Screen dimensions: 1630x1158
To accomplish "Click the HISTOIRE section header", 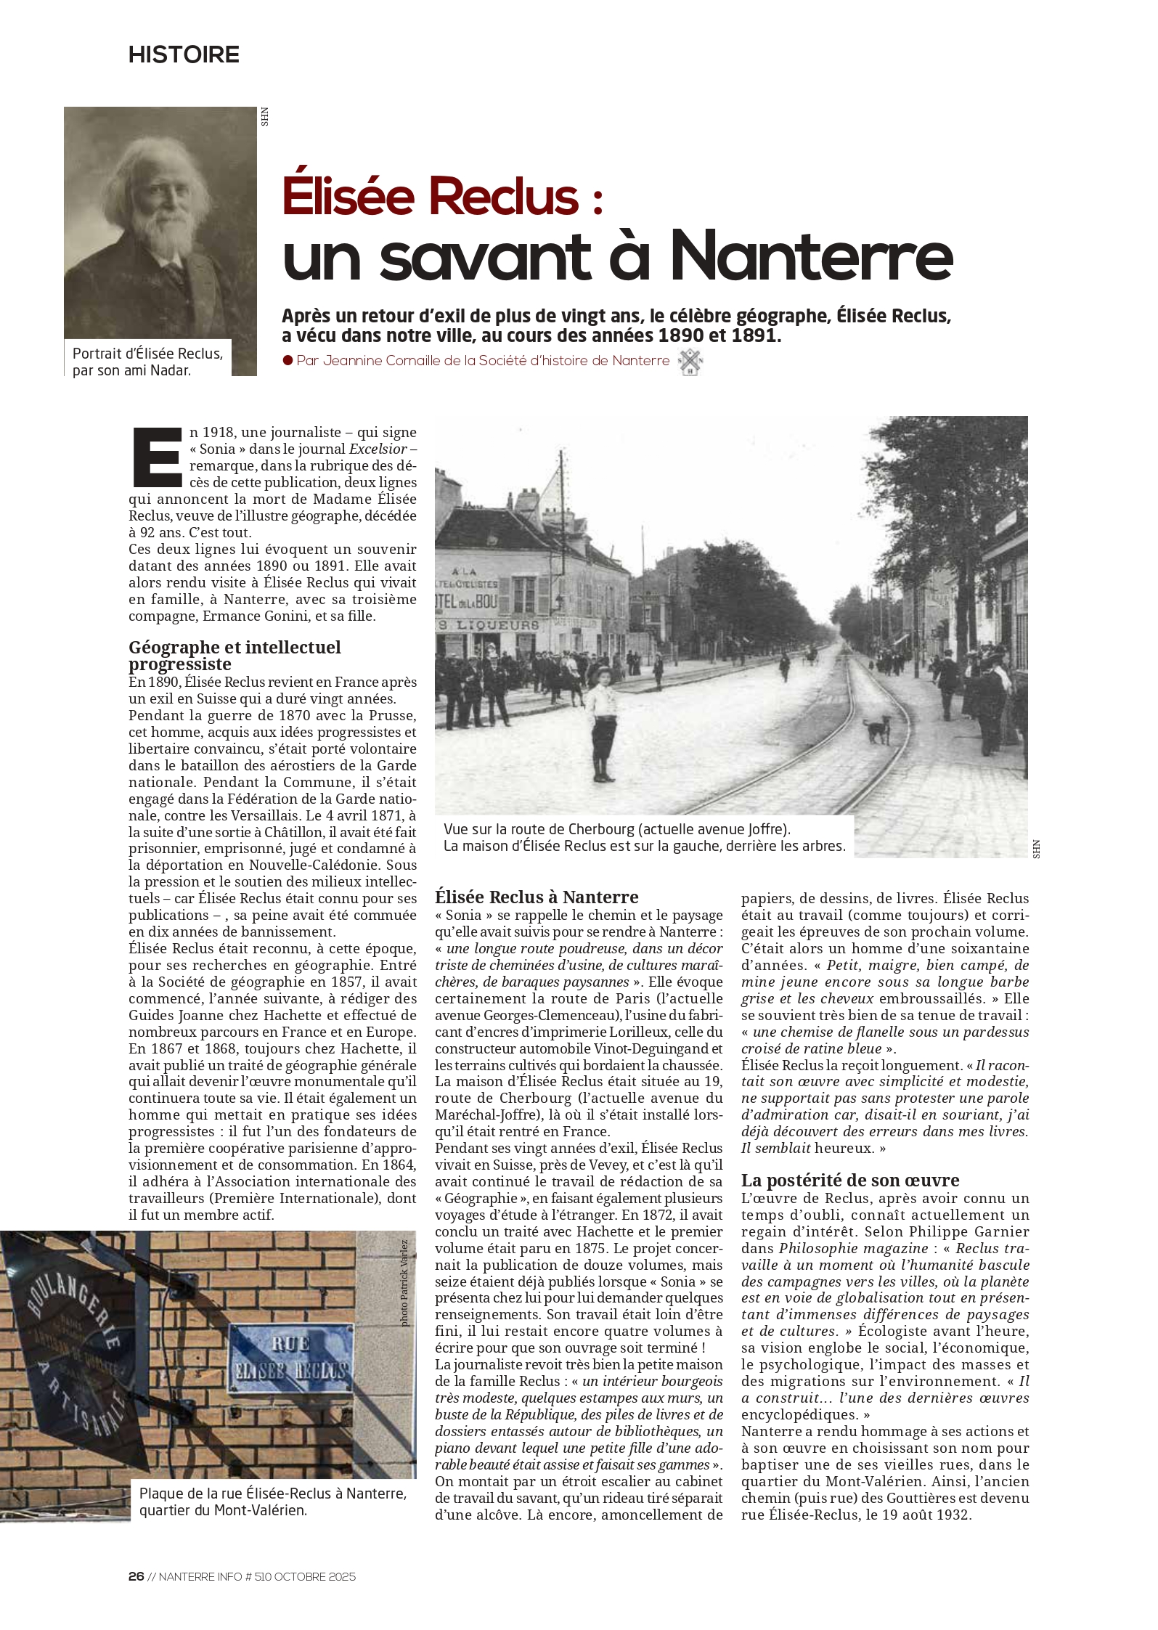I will pyautogui.click(x=184, y=55).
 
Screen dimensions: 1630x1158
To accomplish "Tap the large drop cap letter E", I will pyautogui.click(x=156, y=457).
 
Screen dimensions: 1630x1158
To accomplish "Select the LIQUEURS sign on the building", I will pyautogui.click(x=494, y=624).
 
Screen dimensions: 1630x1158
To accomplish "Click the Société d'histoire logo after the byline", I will pyautogui.click(x=690, y=362).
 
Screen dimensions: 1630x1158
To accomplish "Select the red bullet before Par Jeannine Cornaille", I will pyautogui.click(x=288, y=360).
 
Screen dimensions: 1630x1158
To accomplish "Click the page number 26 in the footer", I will pyautogui.click(x=136, y=1576).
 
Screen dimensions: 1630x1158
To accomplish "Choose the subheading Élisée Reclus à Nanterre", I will pyautogui.click(x=537, y=897).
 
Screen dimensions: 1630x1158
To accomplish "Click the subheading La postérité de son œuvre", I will pyautogui.click(x=850, y=1180).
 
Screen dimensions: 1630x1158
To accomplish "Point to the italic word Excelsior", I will pyautogui.click(x=378, y=449).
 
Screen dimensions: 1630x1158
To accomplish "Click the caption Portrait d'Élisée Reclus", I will pyautogui.click(x=147, y=354).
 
